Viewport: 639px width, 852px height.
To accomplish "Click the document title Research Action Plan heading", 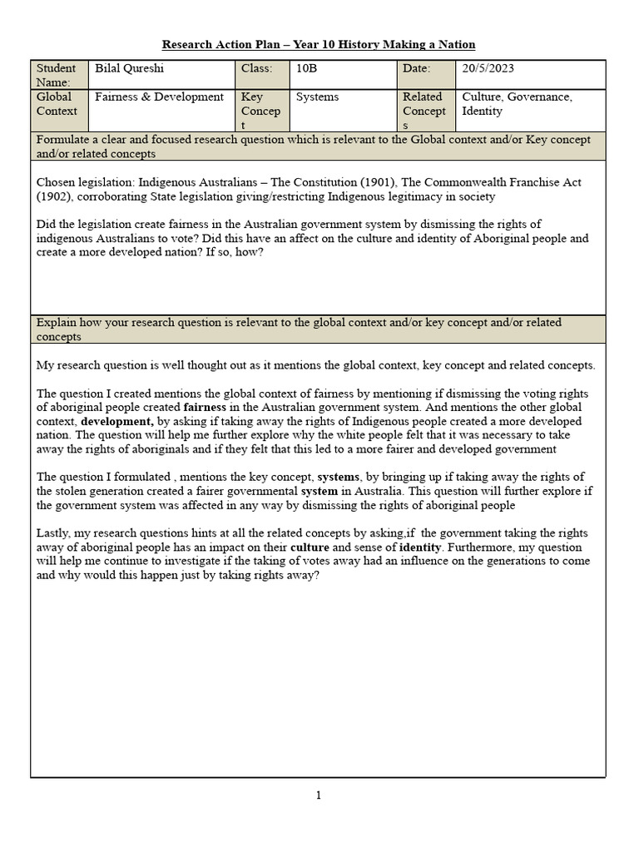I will click(319, 44).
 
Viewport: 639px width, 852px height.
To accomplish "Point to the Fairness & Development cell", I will click(159, 97).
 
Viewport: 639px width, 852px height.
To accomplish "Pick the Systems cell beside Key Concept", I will click(317, 97).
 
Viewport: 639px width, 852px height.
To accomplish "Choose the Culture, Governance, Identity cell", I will click(517, 103).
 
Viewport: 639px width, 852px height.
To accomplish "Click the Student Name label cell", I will click(57, 75).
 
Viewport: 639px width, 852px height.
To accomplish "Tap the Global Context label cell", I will click(57, 103).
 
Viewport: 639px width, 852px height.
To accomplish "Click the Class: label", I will click(256, 68).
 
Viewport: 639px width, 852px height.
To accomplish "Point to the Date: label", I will click(417, 68).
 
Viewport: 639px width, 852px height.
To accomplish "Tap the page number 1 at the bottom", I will click(319, 795).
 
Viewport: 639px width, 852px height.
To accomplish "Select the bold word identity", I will click(419, 548).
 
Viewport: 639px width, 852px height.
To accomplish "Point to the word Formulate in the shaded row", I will click(63, 139).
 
